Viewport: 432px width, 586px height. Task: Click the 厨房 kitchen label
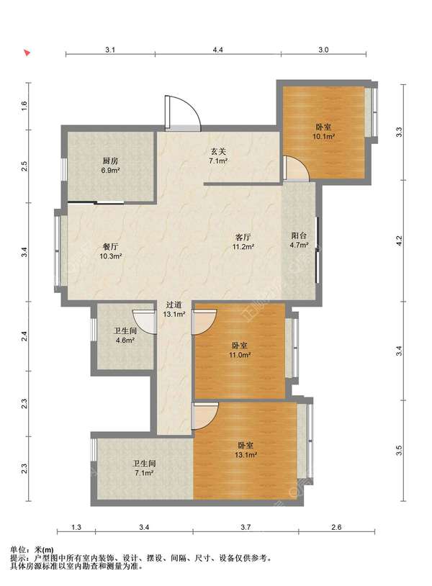pyautogui.click(x=110, y=161)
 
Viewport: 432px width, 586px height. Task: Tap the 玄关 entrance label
pyautogui.click(x=218, y=152)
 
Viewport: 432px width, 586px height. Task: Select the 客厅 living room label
pyautogui.click(x=243, y=237)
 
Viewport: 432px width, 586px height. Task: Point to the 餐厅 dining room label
pyautogui.click(x=110, y=247)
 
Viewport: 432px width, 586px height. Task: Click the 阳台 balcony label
pyautogui.click(x=299, y=235)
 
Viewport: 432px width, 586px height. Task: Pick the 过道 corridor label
pyautogui.click(x=174, y=305)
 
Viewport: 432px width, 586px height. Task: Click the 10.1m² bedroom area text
pyautogui.click(x=323, y=137)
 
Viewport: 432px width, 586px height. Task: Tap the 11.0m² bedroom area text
pyautogui.click(x=240, y=355)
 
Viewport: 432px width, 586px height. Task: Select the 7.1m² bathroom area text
pyautogui.click(x=144, y=473)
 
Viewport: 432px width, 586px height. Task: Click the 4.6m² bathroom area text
pyautogui.click(x=125, y=341)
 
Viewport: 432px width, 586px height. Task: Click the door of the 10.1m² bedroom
pyautogui.click(x=296, y=168)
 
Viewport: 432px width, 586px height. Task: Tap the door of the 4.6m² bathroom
pyautogui.click(x=145, y=321)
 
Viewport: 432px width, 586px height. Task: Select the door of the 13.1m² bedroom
pyautogui.click(x=204, y=415)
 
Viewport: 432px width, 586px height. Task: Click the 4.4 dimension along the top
pyautogui.click(x=218, y=50)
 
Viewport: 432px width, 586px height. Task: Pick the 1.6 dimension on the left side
pyautogui.click(x=24, y=106)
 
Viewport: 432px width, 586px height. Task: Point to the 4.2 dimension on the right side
pyautogui.click(x=399, y=240)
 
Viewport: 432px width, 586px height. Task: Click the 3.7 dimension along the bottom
pyautogui.click(x=246, y=527)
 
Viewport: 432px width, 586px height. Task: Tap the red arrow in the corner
pyautogui.click(x=27, y=53)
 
